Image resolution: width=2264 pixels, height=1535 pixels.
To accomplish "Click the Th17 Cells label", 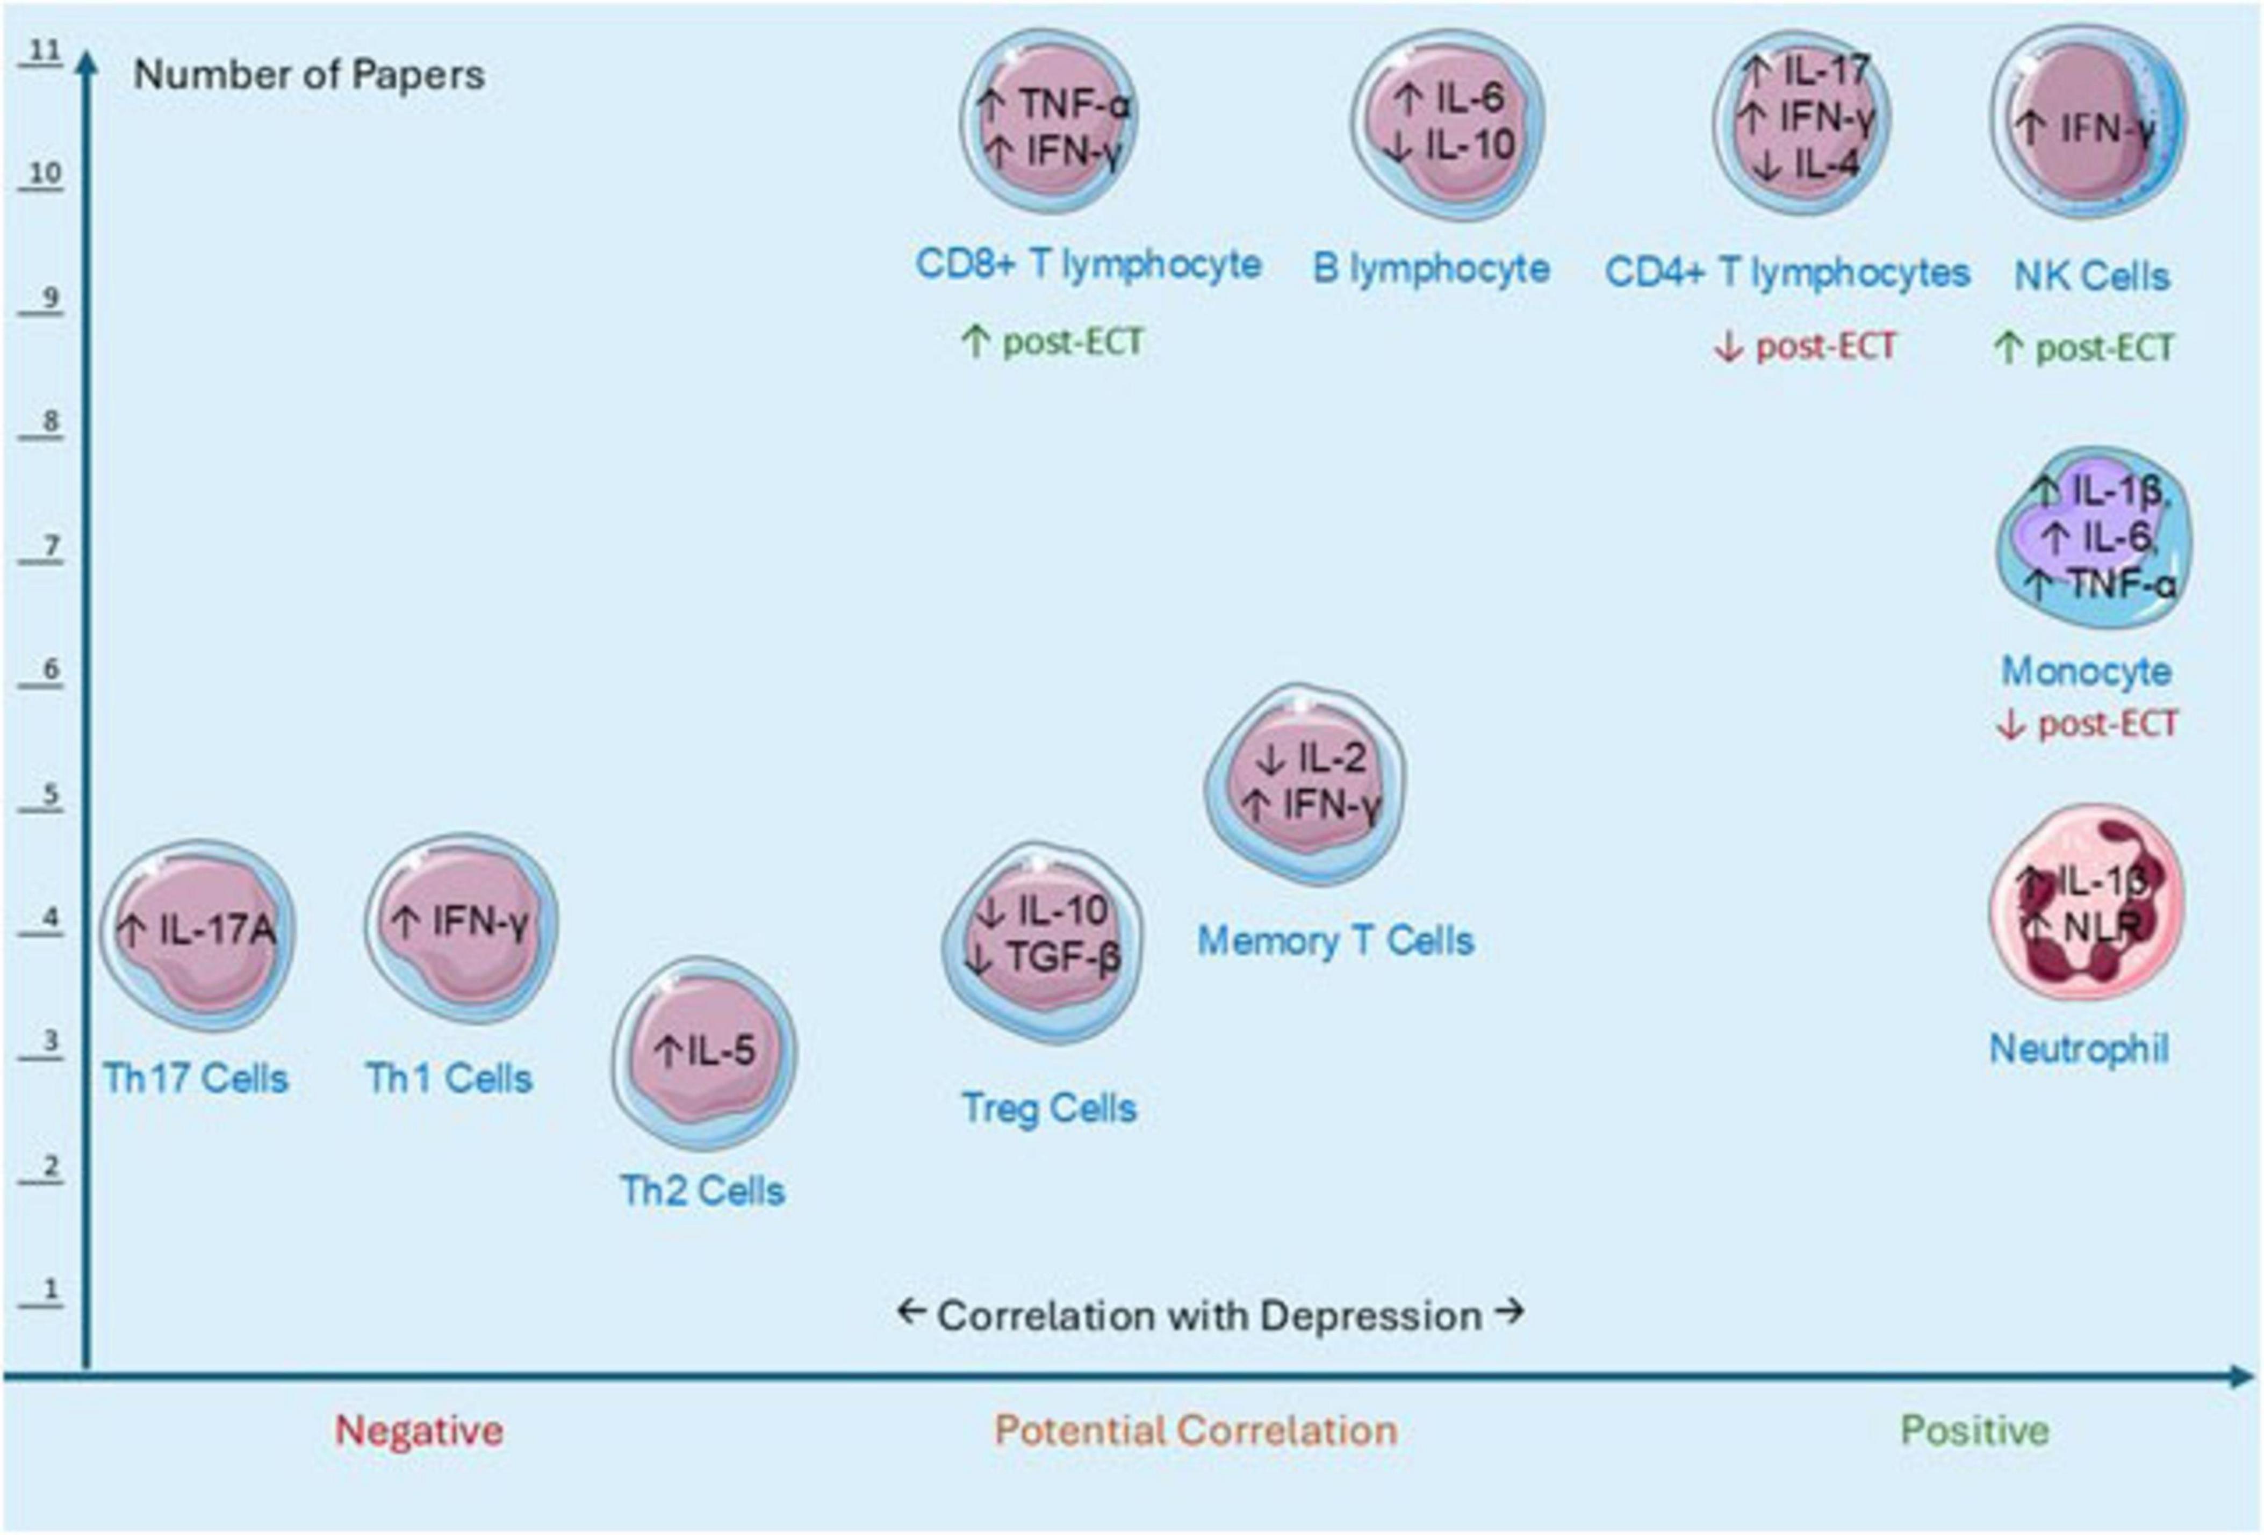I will pyautogui.click(x=196, y=1078).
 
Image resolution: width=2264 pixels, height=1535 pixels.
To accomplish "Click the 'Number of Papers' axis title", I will pyautogui.click(x=309, y=75).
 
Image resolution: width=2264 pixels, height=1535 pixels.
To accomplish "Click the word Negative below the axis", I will pyautogui.click(x=419, y=1431).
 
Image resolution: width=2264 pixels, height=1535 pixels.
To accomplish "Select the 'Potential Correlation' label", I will pyautogui.click(x=1195, y=1431).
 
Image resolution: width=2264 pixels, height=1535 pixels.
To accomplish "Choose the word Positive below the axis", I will pyautogui.click(x=1975, y=1431).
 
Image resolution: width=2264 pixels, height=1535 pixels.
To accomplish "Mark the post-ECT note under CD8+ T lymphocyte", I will pyautogui.click(x=1052, y=342).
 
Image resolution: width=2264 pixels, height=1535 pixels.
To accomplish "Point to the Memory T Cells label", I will pyautogui.click(x=1335, y=941).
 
